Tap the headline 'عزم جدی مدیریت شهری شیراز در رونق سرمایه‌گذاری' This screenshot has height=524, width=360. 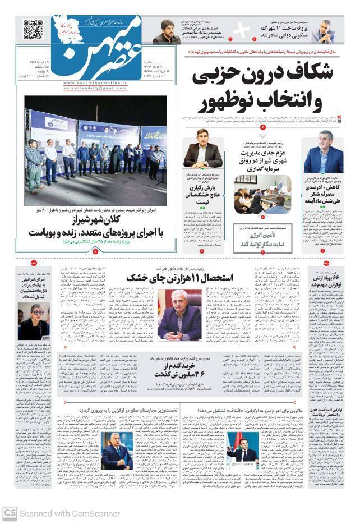(257, 162)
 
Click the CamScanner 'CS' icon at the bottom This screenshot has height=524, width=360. (10, 513)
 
